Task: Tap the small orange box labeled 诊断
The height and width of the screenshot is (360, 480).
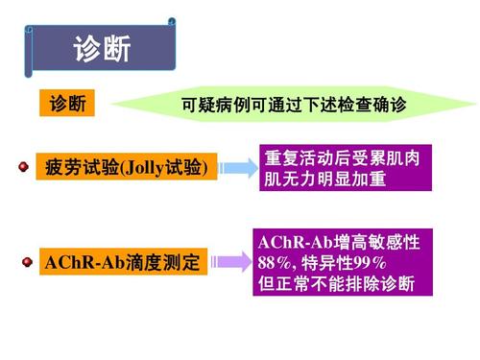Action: (67, 103)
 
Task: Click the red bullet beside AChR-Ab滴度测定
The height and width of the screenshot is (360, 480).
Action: (23, 260)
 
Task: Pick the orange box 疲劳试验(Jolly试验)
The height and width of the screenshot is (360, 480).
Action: (124, 167)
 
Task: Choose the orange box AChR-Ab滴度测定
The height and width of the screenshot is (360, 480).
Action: (123, 261)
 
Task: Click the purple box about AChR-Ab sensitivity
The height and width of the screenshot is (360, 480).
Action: (342, 260)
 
